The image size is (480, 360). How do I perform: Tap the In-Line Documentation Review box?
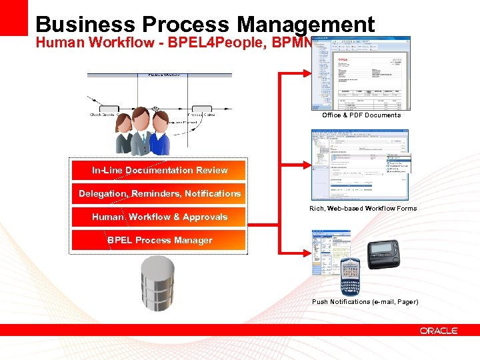[159, 170]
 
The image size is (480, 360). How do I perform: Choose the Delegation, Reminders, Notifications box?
[159, 193]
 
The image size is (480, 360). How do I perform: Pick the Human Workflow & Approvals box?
[159, 217]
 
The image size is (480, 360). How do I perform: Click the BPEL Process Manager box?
[159, 240]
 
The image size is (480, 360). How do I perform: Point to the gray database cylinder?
[157, 283]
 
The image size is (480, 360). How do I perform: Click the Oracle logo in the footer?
[439, 330]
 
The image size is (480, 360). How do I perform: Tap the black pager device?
[383, 254]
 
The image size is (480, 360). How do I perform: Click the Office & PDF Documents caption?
[361, 115]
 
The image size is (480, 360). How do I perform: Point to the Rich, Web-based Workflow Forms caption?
[363, 209]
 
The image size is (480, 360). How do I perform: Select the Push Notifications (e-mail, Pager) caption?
[365, 302]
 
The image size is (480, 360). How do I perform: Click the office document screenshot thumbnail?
[361, 73]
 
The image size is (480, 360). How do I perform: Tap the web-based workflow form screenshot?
[360, 164]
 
